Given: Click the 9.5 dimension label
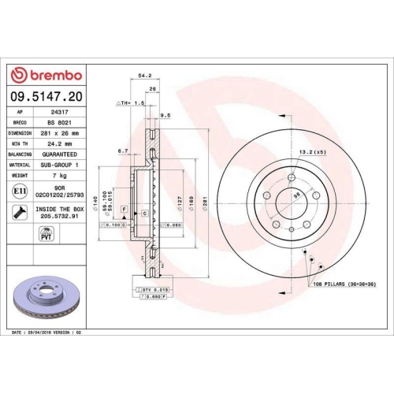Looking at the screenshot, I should pyautogui.click(x=165, y=116).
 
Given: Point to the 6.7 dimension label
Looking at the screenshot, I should pyautogui.click(x=122, y=151).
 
